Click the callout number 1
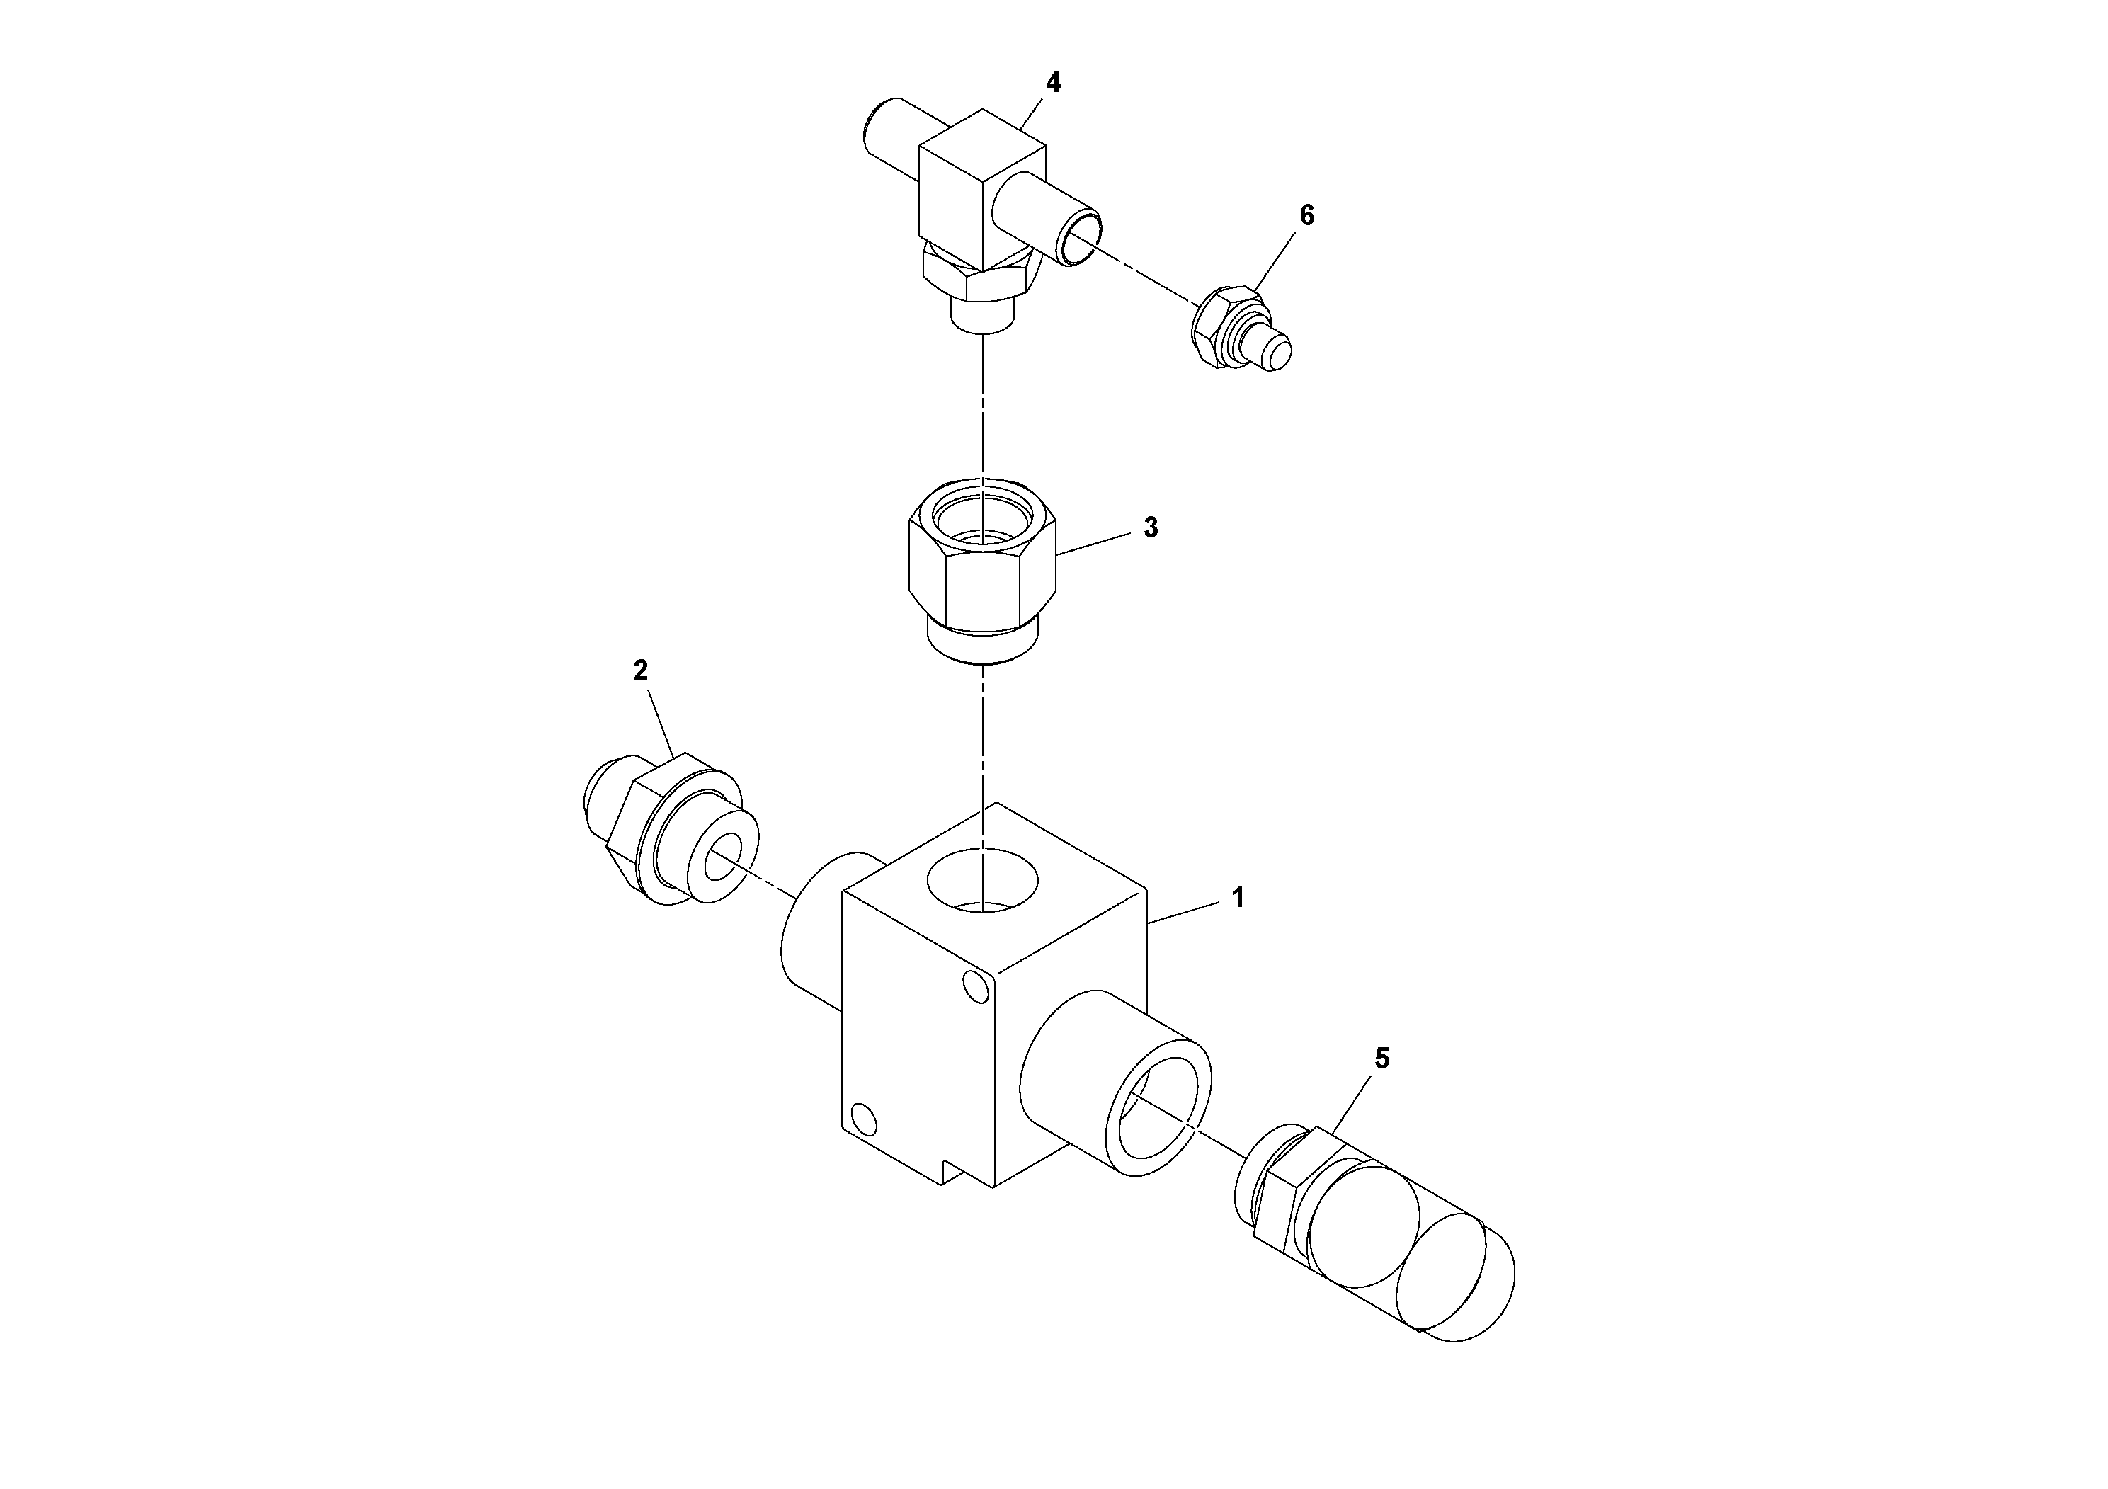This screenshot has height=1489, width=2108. click(1238, 898)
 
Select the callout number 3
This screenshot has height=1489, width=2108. click(1151, 528)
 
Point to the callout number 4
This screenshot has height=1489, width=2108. click(1053, 83)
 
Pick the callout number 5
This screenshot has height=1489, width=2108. click(1381, 1059)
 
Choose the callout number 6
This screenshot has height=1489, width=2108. click(1306, 216)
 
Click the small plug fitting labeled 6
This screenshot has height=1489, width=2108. click(1241, 331)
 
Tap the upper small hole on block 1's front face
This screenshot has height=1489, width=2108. click(978, 987)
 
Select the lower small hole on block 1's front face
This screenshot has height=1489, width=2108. click(863, 1117)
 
